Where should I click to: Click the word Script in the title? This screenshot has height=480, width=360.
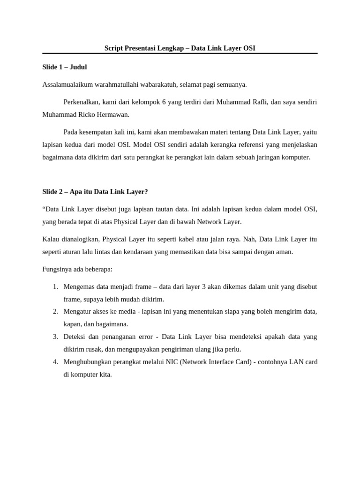click(114, 48)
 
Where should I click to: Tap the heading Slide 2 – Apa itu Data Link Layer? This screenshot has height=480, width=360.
click(95, 192)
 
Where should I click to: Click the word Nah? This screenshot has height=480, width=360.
click(248, 239)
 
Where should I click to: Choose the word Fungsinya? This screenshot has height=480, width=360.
click(58, 269)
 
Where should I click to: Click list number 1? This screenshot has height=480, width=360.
click(55, 286)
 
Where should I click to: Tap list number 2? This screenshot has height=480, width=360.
click(55, 311)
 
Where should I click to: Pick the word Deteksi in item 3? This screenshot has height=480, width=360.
click(75, 337)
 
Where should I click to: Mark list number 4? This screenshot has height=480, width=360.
click(55, 362)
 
